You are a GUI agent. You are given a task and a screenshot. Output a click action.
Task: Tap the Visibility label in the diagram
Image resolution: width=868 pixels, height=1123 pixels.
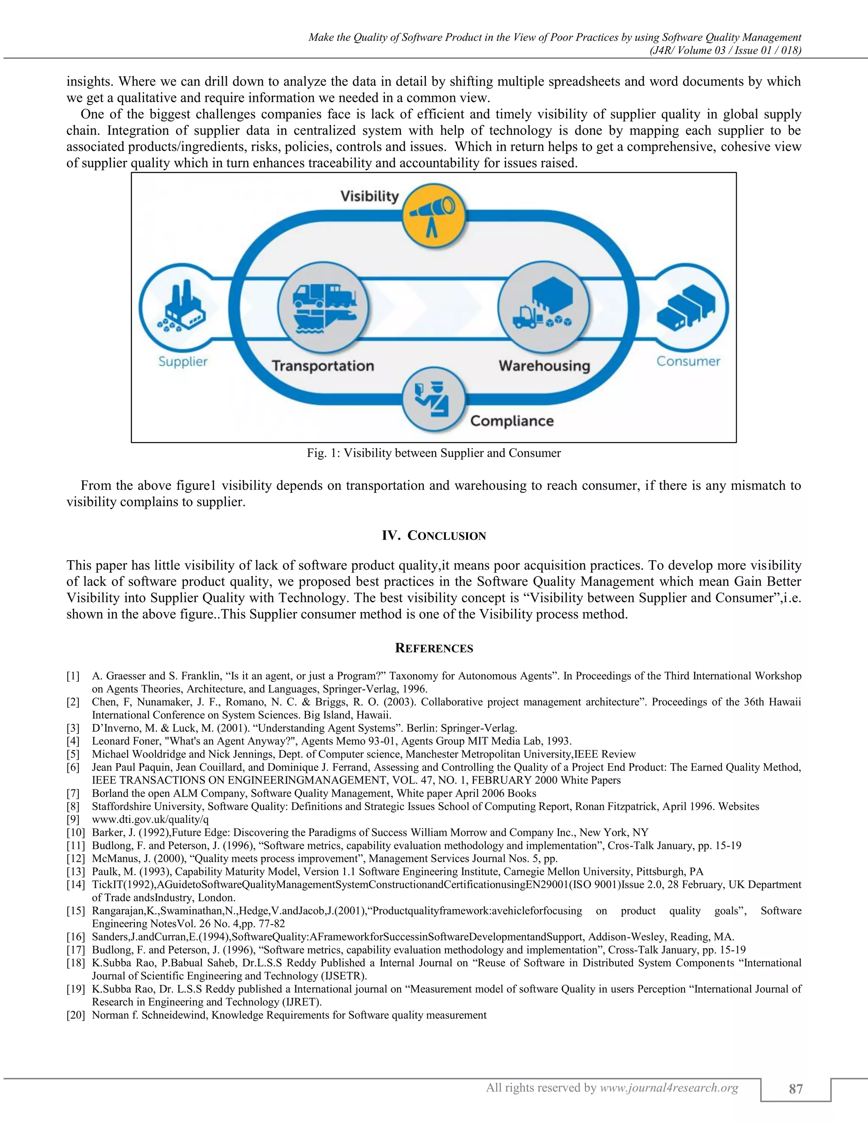tap(370, 196)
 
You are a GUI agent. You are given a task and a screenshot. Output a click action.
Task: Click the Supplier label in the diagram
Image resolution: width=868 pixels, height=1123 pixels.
tap(183, 361)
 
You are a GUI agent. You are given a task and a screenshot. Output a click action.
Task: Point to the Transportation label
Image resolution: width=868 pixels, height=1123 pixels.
tap(323, 366)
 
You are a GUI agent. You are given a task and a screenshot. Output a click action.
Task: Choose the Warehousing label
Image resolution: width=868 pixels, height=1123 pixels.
tap(544, 366)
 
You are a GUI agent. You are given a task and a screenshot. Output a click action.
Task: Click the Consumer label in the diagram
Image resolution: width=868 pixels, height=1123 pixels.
tap(688, 361)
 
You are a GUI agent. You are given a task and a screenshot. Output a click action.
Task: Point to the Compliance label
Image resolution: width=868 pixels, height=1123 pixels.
tap(512, 421)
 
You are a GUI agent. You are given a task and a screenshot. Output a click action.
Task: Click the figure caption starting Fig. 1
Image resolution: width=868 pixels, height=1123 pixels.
tap(434, 453)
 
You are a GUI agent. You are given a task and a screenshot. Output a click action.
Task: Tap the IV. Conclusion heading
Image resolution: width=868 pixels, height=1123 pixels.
tap(434, 536)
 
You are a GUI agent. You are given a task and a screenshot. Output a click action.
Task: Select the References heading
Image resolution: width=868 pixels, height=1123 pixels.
tap(434, 648)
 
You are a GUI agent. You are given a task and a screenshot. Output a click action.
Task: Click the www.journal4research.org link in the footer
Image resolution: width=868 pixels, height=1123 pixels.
tap(669, 1087)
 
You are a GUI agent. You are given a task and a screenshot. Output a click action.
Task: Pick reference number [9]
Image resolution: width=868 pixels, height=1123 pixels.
tap(73, 820)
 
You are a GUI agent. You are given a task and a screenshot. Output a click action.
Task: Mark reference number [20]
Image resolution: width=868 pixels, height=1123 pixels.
tap(75, 1015)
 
